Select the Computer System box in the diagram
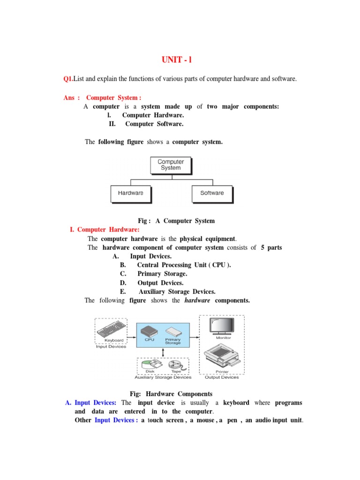coord(171,165)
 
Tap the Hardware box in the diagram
coord(131,193)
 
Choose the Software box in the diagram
coord(212,193)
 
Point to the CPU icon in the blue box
coord(150,330)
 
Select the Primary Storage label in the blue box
coord(172,341)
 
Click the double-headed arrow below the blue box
coord(163,352)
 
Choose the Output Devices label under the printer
coord(222,377)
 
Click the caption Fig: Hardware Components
coord(171,394)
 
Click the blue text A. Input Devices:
coord(91,403)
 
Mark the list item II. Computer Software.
coord(146,124)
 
